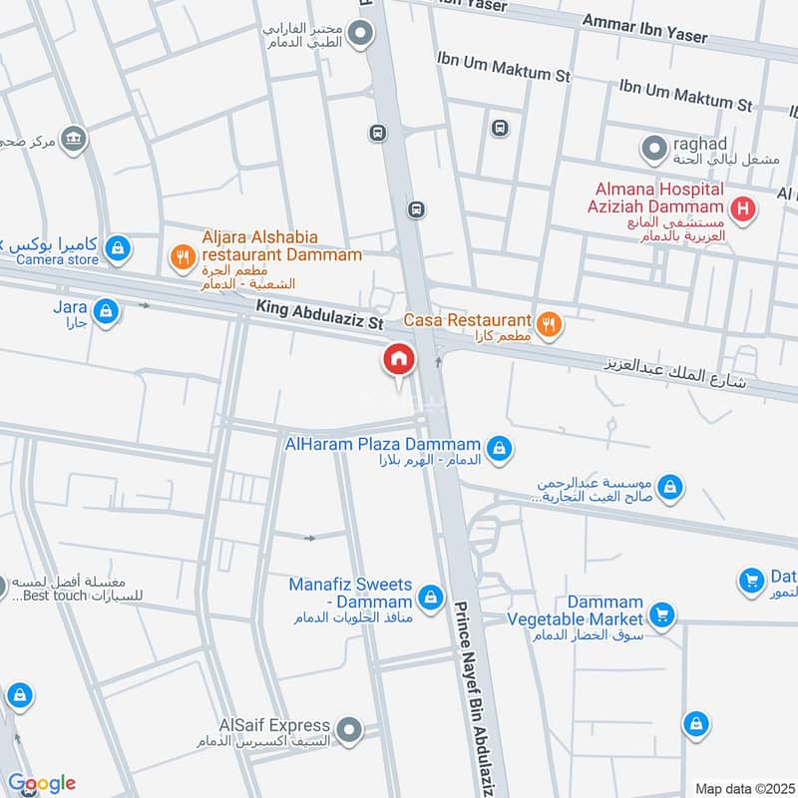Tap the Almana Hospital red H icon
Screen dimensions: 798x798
[742, 209]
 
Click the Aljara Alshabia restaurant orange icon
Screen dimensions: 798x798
[182, 257]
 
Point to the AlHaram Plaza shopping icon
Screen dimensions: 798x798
[501, 449]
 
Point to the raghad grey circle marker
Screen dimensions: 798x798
[653, 149]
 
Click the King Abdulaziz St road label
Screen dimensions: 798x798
[319, 317]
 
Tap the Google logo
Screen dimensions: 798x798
[41, 783]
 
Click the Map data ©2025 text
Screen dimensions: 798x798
[743, 788]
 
